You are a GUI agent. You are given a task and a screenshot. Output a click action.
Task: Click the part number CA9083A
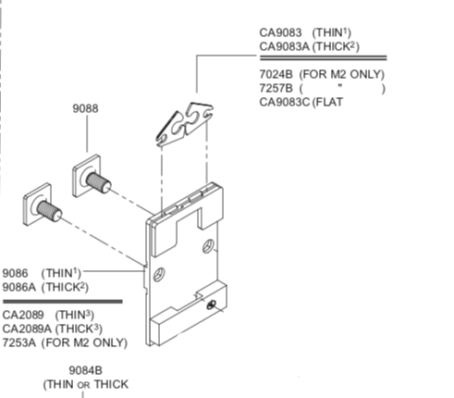click(x=284, y=47)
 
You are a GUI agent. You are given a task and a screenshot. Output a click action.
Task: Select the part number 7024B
click(x=276, y=74)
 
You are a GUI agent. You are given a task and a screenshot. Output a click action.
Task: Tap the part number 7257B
click(x=276, y=88)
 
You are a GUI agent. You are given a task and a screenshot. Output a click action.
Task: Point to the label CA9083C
click(x=284, y=102)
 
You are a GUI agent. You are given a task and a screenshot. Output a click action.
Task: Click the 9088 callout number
click(x=86, y=108)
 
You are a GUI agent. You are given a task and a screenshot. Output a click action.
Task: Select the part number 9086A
click(x=19, y=287)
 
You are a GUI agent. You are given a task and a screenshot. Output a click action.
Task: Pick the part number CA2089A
click(x=27, y=329)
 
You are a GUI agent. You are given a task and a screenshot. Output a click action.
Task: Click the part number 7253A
click(x=19, y=342)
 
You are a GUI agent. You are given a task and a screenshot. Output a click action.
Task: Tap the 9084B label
click(x=86, y=370)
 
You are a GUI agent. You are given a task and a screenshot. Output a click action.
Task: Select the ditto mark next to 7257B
click(x=340, y=86)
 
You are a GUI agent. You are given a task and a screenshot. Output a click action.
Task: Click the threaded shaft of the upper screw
click(x=99, y=182)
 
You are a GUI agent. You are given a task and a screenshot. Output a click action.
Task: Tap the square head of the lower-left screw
click(x=37, y=205)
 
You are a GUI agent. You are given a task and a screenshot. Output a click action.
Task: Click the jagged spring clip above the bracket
click(x=184, y=124)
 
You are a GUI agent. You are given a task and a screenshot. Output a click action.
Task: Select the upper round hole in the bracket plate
click(x=208, y=246)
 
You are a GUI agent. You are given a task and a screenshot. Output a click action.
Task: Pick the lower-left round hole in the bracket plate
click(x=159, y=274)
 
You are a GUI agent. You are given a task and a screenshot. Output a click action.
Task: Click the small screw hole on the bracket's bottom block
click(x=211, y=305)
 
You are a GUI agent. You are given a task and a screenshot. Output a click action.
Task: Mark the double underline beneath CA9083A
click(x=323, y=58)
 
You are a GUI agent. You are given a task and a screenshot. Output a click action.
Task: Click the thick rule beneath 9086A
click(x=63, y=302)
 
